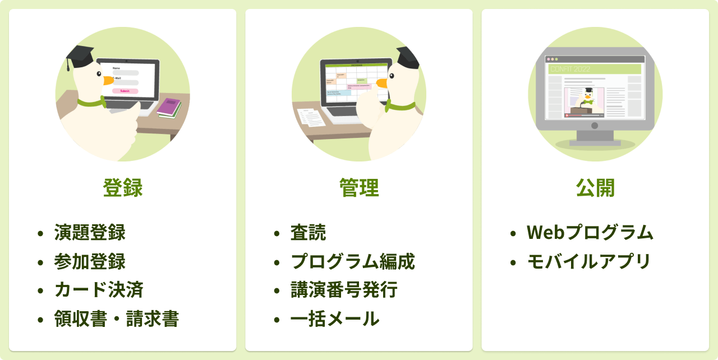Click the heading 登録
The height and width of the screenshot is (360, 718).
pos(122,188)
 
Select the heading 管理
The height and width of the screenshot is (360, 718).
pos(359,188)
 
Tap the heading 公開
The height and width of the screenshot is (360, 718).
pos(595,188)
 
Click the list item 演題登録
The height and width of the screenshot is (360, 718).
pos(90,232)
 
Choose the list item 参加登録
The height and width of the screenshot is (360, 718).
pos(90,261)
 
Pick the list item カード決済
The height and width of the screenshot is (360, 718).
pos(99,290)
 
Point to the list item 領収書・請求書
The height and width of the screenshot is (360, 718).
pos(117,319)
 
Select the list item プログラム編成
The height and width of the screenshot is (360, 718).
pos(352,261)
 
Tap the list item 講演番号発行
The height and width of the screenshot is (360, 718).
pos(344,290)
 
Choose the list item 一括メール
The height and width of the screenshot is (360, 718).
pos(335,319)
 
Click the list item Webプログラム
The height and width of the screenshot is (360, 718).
pos(590,232)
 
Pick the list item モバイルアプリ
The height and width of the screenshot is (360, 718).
pos(588,261)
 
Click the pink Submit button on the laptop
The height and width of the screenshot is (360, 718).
pos(125,91)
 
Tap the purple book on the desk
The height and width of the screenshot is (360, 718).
pos(168,107)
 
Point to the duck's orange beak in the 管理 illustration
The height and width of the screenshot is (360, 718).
pos(381,84)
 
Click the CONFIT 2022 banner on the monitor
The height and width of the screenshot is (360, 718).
pos(595,69)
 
